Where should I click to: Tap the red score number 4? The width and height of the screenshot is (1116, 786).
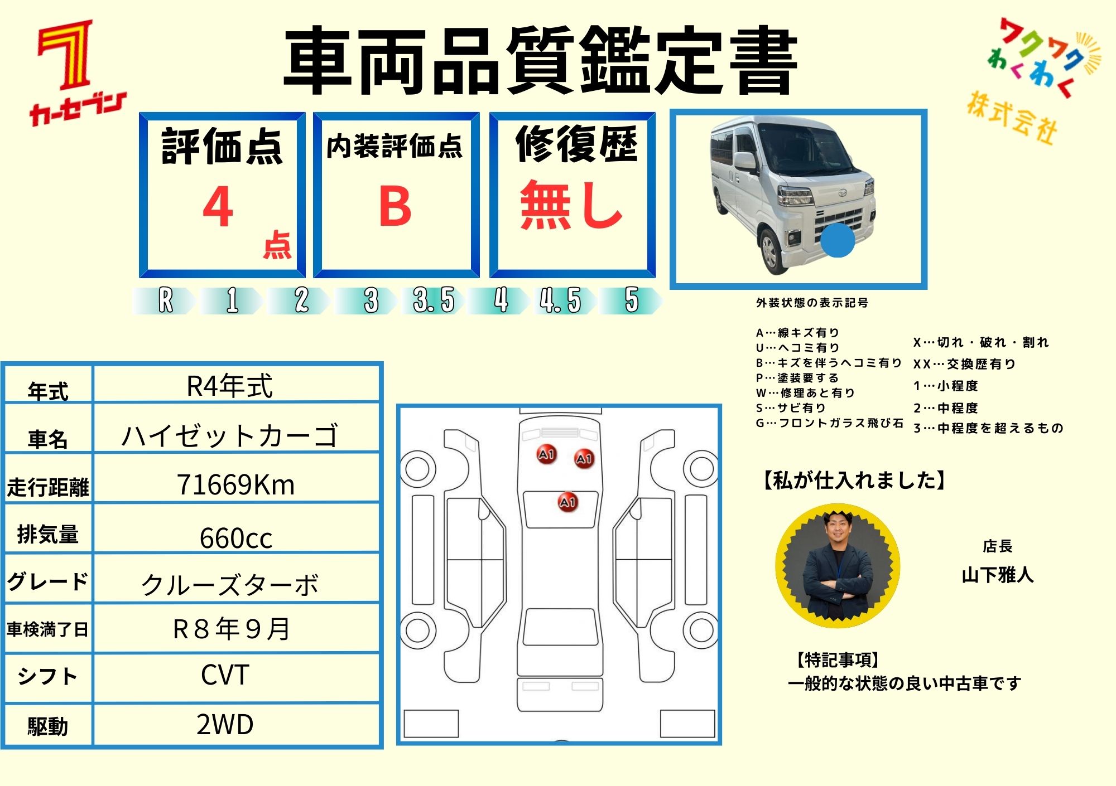point(218,206)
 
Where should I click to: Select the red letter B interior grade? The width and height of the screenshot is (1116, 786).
point(395,206)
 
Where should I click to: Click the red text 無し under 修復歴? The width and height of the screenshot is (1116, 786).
point(571,205)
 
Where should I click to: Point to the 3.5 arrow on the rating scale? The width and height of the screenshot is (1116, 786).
point(435,300)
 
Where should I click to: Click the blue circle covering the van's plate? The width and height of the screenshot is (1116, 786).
point(838,240)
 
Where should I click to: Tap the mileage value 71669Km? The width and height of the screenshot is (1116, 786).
point(235,484)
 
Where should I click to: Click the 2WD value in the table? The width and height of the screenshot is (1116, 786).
point(225,724)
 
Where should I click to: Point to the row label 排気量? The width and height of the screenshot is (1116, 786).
point(47,534)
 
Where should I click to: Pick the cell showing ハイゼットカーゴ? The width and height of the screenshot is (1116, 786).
point(230,435)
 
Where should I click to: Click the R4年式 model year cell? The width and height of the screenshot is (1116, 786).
point(230,386)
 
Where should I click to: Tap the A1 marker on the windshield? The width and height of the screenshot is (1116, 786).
point(568,502)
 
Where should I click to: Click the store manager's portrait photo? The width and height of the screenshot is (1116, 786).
point(838,566)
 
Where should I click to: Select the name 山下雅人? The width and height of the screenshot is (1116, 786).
point(997,575)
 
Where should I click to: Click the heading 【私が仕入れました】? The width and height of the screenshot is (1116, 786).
point(854,480)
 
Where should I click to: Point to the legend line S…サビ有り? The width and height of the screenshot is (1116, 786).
point(791,407)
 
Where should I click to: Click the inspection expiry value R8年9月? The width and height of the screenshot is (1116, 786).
point(232,629)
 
